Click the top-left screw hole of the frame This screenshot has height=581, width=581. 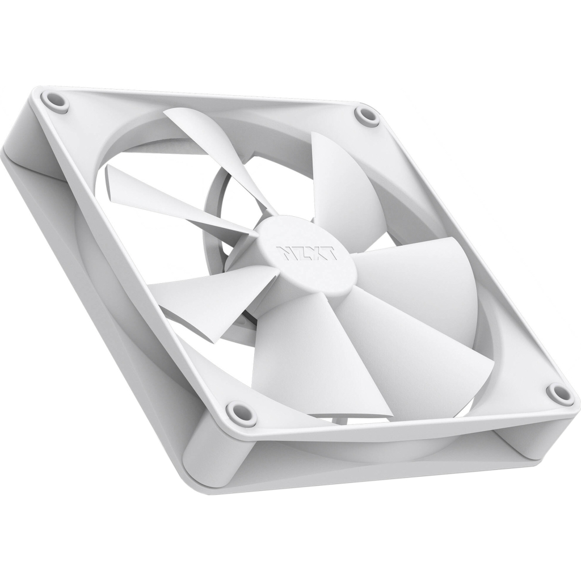(x=56, y=102)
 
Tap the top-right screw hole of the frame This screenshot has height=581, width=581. (x=367, y=115)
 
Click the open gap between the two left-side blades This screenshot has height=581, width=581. (x=165, y=250)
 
